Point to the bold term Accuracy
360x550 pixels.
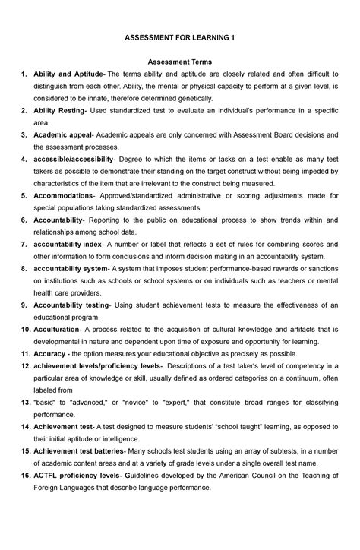50,354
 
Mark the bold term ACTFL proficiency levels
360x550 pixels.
76,476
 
